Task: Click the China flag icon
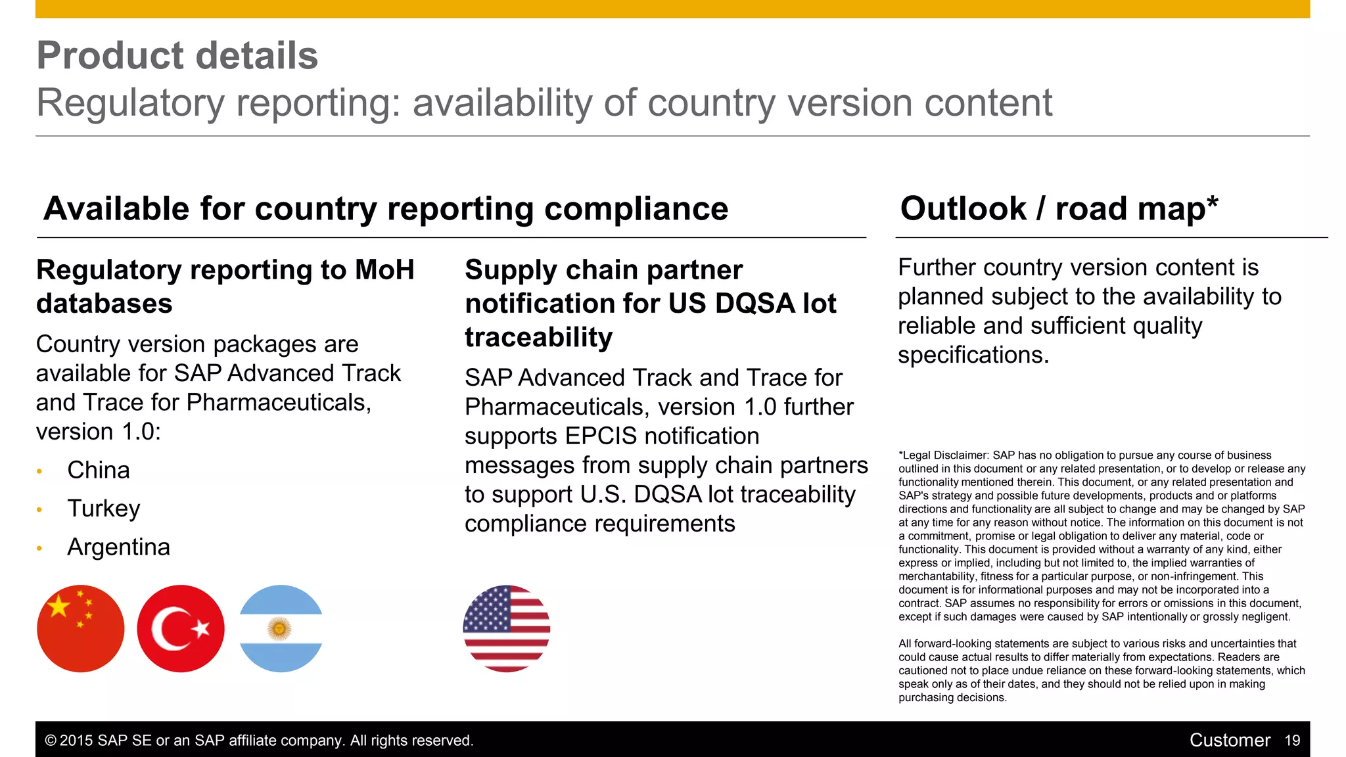[80, 629]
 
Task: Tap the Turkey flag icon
[181, 629]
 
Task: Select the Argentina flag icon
[281, 629]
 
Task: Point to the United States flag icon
[507, 629]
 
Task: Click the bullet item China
[99, 470]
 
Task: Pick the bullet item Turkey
[104, 509]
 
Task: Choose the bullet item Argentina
[119, 547]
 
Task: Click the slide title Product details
[177, 55]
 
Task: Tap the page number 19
[1292, 741]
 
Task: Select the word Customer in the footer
[1230, 741]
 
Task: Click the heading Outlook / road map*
[1059, 209]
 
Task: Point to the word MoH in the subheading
[384, 270]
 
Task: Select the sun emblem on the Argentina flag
[279, 629]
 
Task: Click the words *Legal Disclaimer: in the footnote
[944, 455]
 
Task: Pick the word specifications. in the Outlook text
[973, 355]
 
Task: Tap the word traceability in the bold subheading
[538, 338]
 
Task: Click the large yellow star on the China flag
[59, 606]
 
